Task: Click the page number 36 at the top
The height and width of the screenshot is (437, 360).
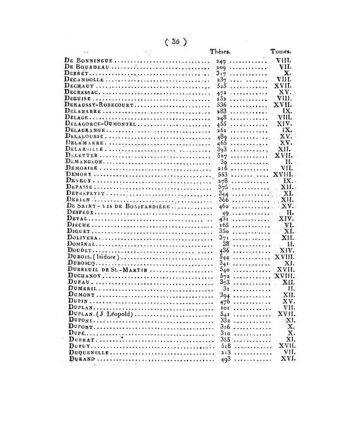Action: pos(175,41)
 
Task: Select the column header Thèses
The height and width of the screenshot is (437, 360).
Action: pos(220,52)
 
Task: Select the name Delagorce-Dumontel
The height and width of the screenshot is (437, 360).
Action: pos(100,123)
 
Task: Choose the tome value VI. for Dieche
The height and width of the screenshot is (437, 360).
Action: pos(288,225)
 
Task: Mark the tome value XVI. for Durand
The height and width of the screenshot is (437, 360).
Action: pos(287,359)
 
